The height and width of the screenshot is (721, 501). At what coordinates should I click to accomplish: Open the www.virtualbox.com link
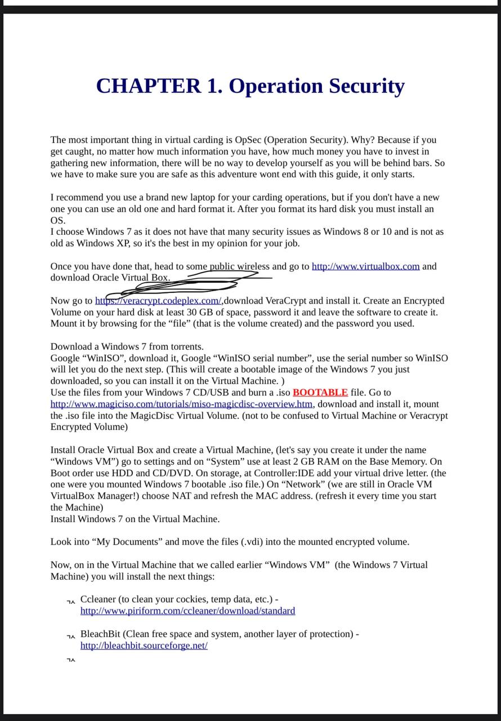point(365,266)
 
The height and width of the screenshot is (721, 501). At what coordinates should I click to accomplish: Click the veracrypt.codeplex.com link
point(158,301)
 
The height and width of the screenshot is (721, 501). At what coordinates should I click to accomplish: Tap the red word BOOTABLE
point(320,393)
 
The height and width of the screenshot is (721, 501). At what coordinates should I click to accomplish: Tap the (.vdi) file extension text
point(252,542)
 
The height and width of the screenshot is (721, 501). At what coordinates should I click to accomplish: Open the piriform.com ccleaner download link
point(187,611)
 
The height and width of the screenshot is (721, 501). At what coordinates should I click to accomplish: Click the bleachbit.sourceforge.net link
point(144,646)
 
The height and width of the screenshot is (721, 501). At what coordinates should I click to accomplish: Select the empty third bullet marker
point(71,660)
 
